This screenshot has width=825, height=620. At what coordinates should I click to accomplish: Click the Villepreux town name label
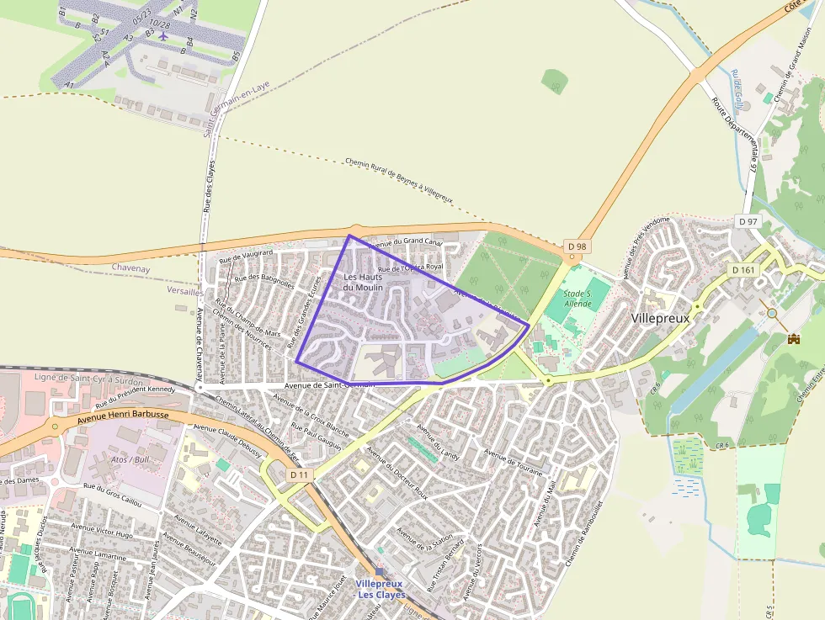(660, 319)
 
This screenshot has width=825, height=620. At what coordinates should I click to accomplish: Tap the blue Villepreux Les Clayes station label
(381, 589)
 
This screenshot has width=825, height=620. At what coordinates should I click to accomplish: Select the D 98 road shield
(576, 246)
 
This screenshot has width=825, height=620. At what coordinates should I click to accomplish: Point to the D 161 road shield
(742, 269)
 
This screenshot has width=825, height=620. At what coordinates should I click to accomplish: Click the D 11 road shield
(300, 475)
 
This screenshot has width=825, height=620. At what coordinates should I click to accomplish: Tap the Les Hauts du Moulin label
(364, 282)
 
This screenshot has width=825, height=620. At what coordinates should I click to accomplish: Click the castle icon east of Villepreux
(792, 339)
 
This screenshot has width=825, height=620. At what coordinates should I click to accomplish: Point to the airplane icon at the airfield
(162, 34)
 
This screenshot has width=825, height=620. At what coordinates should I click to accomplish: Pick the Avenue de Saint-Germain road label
(330, 384)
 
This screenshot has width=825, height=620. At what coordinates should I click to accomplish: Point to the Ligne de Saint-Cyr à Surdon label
(88, 380)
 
